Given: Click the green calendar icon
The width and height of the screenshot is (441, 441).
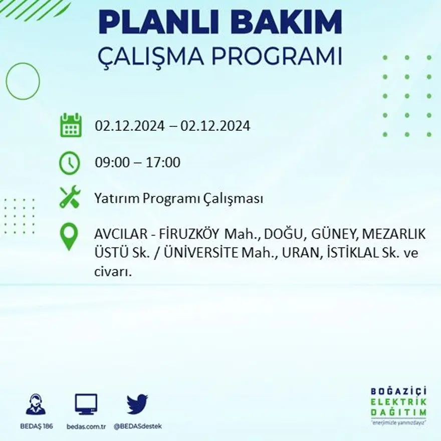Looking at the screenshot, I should tap(71, 125).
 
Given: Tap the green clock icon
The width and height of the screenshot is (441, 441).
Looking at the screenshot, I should tap(69, 163).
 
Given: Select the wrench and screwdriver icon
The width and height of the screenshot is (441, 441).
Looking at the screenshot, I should tap(70, 197).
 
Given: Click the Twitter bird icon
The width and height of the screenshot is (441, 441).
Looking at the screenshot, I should tap(137, 404).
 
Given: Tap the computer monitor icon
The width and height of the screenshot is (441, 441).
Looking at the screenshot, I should tap(86, 404).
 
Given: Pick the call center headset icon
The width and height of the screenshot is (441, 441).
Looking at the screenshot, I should tap(36, 404).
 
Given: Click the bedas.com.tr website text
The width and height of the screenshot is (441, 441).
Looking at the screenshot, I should tap(86, 426).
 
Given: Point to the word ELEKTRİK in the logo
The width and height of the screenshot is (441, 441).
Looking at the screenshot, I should tap(398, 402).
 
